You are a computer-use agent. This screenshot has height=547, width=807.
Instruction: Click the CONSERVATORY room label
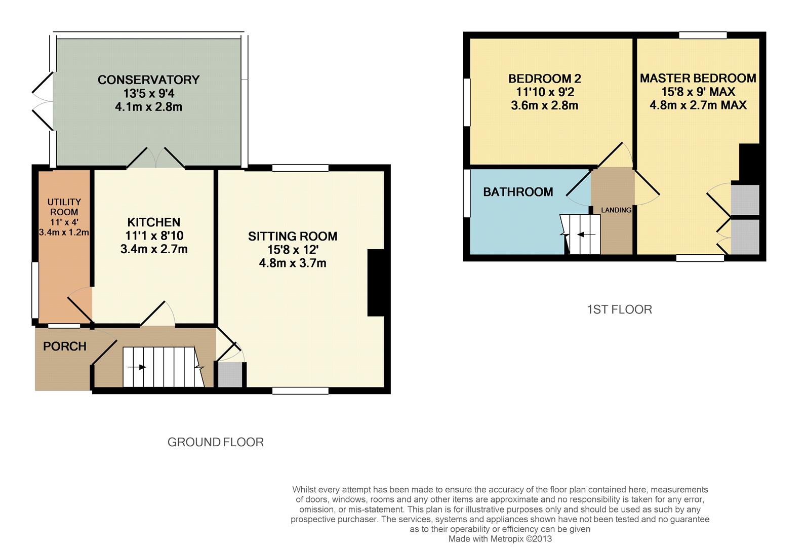(x=148, y=80)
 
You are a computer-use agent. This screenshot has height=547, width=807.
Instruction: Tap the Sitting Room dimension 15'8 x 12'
(x=293, y=250)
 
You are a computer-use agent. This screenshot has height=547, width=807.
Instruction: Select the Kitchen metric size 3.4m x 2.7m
(x=154, y=249)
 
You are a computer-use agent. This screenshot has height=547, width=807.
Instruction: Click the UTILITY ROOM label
(x=64, y=207)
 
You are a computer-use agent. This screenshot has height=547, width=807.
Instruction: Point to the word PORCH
(x=65, y=346)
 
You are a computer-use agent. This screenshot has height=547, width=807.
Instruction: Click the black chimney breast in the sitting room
(x=376, y=283)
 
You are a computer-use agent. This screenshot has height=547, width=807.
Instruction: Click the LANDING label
(x=616, y=210)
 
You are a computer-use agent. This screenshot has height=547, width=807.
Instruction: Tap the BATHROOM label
(x=517, y=192)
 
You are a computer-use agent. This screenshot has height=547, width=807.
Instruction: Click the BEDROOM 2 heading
(x=544, y=79)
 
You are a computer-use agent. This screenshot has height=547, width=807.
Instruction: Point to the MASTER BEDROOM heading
(x=698, y=78)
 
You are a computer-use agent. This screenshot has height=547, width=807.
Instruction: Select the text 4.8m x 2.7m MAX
(x=698, y=105)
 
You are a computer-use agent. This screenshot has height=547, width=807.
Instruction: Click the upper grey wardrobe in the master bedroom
(x=745, y=200)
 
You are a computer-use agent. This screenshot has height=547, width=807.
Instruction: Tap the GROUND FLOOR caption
(x=215, y=442)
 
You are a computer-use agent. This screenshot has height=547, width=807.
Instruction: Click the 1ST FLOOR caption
(x=619, y=309)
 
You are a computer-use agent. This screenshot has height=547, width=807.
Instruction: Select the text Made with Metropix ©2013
(x=500, y=539)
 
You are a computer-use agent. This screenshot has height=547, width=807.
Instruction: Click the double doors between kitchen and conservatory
(x=155, y=159)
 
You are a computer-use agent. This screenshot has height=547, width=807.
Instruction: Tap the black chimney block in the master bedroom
(x=750, y=163)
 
